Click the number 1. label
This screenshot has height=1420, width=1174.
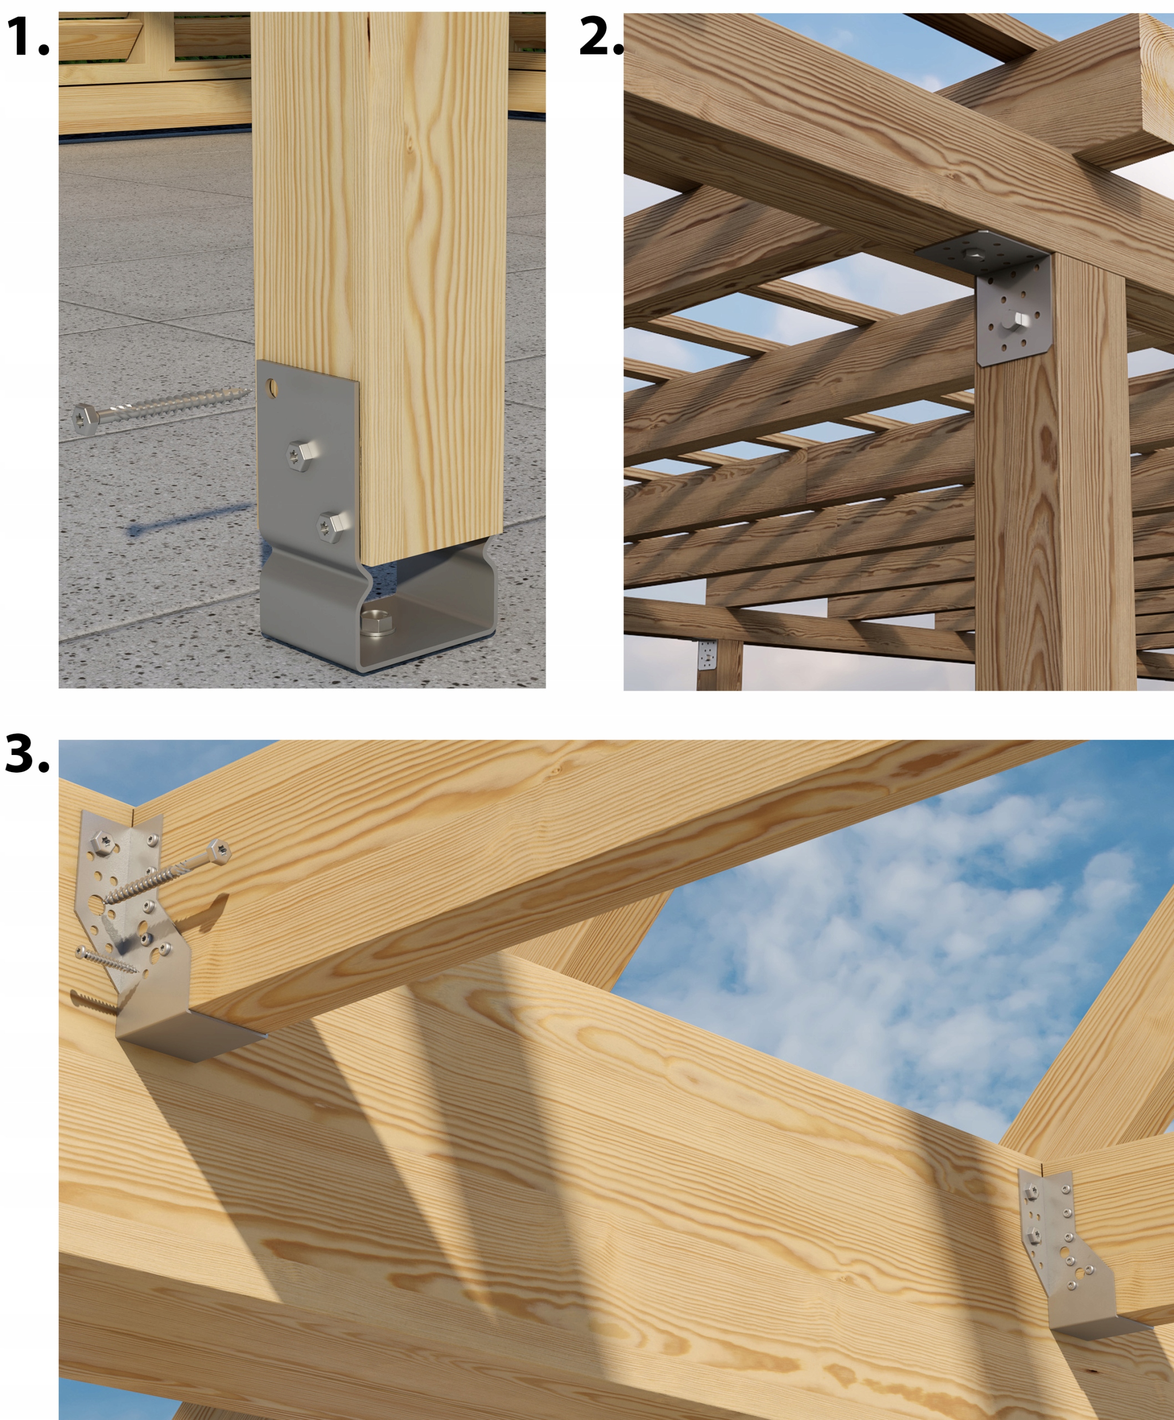(x=27, y=37)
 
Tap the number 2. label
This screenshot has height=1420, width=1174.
(x=601, y=37)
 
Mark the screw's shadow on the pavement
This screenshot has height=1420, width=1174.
(x=189, y=519)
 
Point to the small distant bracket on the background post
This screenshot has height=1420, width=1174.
(x=707, y=654)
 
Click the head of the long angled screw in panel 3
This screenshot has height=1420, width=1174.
(x=220, y=850)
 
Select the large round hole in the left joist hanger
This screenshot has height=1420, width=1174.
(x=96, y=904)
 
